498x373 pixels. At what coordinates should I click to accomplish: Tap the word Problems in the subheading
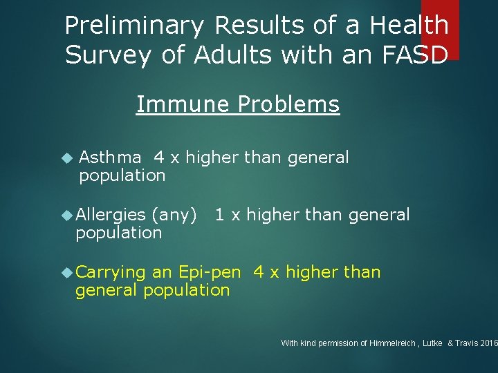click(x=288, y=104)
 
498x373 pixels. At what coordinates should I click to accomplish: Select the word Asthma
click(x=111, y=157)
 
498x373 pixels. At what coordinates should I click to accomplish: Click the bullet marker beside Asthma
click(x=66, y=158)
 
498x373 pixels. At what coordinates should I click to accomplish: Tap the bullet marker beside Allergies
click(x=67, y=216)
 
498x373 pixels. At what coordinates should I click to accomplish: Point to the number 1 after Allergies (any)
click(x=219, y=216)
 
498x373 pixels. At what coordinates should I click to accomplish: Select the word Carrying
click(x=111, y=272)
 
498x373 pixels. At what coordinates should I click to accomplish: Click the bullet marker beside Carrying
click(x=67, y=273)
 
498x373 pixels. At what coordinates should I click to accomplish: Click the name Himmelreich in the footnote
click(x=394, y=343)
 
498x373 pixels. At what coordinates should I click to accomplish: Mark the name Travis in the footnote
click(x=470, y=343)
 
